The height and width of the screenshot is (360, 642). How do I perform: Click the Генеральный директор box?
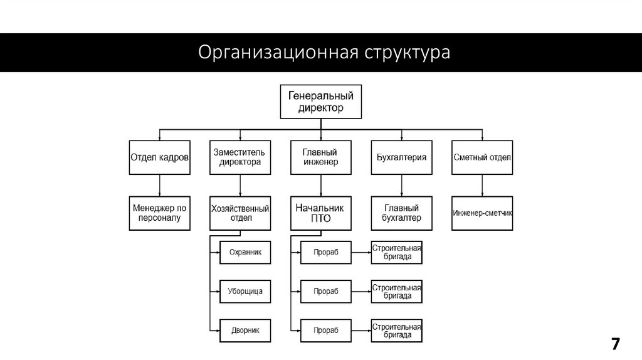click(x=320, y=102)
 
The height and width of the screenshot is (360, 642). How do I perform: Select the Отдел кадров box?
click(x=159, y=157)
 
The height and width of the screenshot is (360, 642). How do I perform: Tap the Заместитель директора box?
click(x=239, y=157)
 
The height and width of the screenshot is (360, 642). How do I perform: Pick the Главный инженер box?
click(x=320, y=157)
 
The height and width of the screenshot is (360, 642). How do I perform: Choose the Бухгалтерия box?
click(x=401, y=157)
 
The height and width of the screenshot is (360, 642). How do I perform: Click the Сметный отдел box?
click(x=482, y=157)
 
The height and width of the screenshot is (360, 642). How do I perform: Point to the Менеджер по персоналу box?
click(x=159, y=213)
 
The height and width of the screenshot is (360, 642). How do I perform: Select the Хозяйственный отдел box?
click(x=239, y=213)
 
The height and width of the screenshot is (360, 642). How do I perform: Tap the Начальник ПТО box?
click(x=320, y=213)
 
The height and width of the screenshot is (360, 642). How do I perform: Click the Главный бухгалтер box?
click(x=401, y=213)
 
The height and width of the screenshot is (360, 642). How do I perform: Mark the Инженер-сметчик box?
click(x=482, y=213)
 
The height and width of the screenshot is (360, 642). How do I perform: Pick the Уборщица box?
click(x=245, y=291)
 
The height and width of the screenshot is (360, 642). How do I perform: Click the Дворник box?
click(x=245, y=329)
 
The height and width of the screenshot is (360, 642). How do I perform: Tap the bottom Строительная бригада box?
click(x=396, y=329)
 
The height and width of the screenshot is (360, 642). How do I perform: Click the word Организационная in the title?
click(x=277, y=52)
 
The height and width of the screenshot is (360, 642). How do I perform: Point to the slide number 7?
click(x=616, y=344)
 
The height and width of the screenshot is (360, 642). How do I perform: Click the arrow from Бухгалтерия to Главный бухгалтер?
click(x=401, y=185)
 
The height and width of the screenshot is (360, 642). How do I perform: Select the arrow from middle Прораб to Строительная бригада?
click(x=360, y=291)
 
